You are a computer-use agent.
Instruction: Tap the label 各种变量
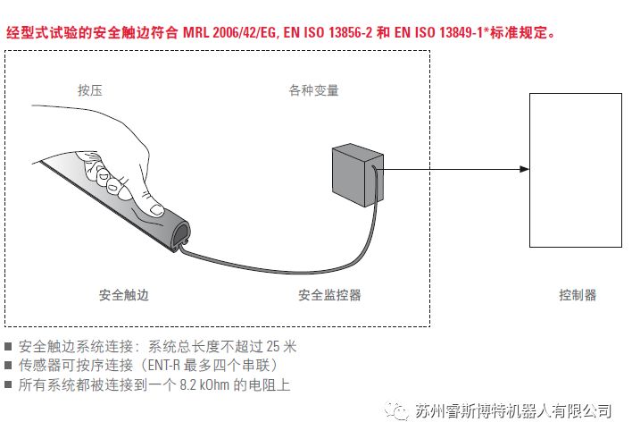313,90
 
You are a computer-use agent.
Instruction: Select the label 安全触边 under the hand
123,295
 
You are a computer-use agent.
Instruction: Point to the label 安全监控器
329,295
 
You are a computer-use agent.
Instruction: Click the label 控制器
577,295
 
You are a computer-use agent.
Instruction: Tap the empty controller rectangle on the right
576,169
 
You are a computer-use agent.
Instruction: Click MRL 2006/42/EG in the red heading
229,33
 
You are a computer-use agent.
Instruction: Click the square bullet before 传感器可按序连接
9,366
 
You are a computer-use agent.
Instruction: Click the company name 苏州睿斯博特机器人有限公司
513,411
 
